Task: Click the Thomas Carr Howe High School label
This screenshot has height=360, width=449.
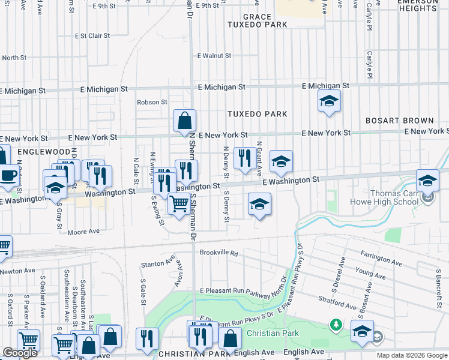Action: coord(393,197)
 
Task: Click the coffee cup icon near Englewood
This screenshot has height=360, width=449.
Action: coord(8,175)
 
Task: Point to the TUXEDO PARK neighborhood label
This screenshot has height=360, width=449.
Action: coord(257,113)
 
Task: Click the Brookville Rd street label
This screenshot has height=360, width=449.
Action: coord(219,254)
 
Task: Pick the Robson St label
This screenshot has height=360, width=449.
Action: coord(152,102)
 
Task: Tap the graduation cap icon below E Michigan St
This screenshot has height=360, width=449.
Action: coord(329,101)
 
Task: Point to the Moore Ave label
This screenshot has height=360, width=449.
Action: coord(83,232)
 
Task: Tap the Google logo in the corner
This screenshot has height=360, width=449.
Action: coord(20,353)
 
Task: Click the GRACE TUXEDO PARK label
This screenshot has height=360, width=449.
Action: coord(257,20)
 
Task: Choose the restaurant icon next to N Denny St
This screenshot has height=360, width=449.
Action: coord(244,158)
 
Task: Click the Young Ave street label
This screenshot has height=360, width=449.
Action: coord(366,271)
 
